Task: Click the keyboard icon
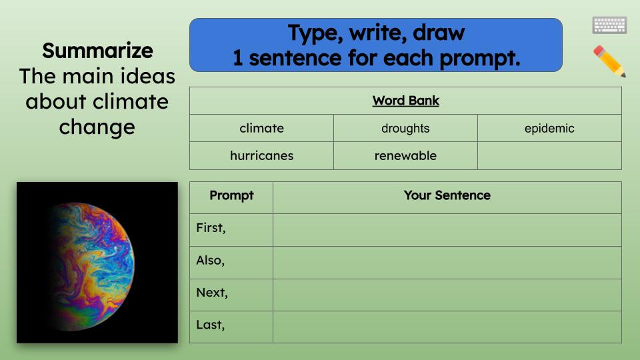609,25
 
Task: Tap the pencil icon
609,61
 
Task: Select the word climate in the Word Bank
261,129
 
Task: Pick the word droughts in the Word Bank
405,129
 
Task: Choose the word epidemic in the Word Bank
549,129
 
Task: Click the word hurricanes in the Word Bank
261,156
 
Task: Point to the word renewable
405,156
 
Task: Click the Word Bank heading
405,101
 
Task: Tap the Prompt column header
231,196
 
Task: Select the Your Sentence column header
447,196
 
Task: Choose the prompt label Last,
211,325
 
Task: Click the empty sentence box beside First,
447,230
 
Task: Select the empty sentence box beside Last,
447,327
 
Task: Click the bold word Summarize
97,51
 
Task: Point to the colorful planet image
97,263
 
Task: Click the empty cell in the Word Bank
549,156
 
